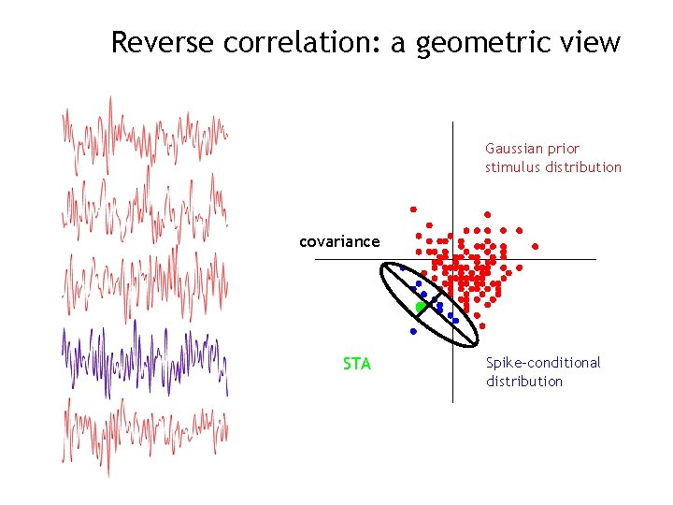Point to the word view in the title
[590, 42]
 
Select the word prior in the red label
[565, 149]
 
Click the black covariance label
[339, 241]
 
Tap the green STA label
[357, 364]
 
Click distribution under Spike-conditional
[523, 382]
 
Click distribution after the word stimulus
[584, 167]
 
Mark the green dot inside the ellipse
[421, 307]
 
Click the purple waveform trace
[145, 356]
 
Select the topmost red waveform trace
[145, 136]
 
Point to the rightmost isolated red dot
[536, 247]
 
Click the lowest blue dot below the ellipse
[412, 331]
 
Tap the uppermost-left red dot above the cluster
[412, 209]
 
